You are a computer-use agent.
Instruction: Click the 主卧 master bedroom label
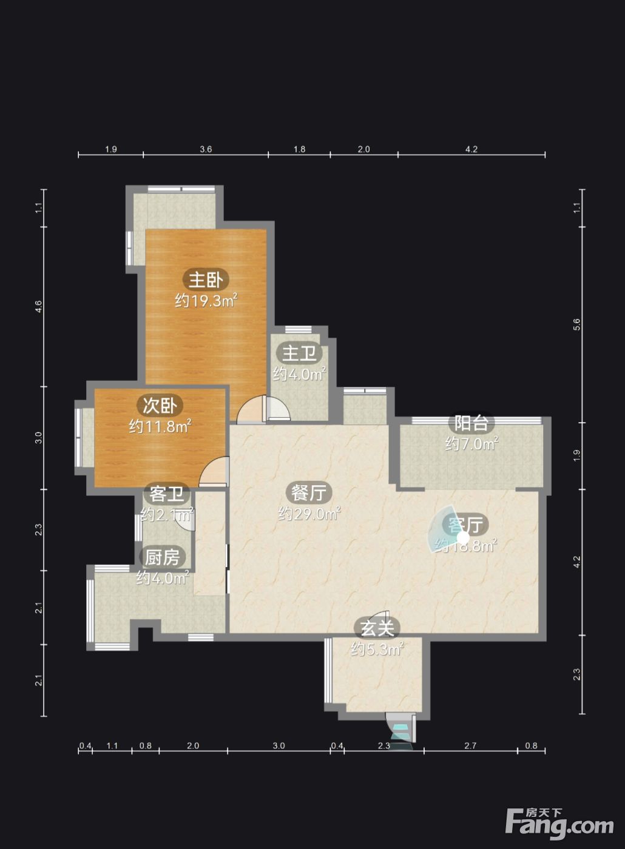206,280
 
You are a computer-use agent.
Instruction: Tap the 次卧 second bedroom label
160,406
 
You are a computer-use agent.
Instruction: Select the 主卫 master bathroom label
299,353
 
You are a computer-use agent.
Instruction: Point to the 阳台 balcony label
471,423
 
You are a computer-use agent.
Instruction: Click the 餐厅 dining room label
309,492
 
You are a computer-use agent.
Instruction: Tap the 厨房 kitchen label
163,557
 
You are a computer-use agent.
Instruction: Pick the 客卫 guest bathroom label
166,494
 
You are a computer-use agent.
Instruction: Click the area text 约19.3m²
206,301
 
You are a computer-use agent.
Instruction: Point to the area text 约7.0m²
471,444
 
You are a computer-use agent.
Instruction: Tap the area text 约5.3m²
377,649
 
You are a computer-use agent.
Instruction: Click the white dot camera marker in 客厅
463,538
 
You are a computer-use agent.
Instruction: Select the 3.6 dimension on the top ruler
206,149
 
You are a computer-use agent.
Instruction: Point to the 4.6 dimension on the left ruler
38,306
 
